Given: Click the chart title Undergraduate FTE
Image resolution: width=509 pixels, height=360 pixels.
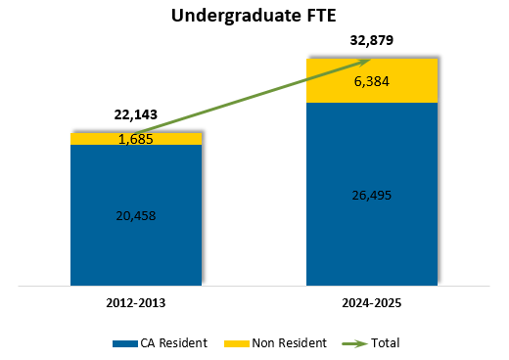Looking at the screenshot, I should pyautogui.click(x=254, y=16).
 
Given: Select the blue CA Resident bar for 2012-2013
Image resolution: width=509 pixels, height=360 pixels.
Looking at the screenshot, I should pyautogui.click(x=136, y=245).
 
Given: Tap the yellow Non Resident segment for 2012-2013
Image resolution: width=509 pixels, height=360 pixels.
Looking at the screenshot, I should pyautogui.click(x=88, y=139).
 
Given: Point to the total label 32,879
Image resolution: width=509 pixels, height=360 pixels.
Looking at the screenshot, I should pyautogui.click(x=372, y=41).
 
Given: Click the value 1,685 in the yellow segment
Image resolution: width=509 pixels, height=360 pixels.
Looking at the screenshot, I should pyautogui.click(x=136, y=139).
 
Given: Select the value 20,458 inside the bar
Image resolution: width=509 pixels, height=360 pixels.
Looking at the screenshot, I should pyautogui.click(x=136, y=215).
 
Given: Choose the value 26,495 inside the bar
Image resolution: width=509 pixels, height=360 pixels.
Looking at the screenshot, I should pyautogui.click(x=372, y=195).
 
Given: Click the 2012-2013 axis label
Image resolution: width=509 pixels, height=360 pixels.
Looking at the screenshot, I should pyautogui.click(x=136, y=303).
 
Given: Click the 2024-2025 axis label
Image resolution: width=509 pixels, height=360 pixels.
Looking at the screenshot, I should pyautogui.click(x=372, y=303).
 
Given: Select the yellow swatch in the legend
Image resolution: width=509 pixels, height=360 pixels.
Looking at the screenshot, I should pyautogui.click(x=236, y=343).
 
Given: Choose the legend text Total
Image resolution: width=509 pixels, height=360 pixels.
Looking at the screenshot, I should pyautogui.click(x=385, y=343).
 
